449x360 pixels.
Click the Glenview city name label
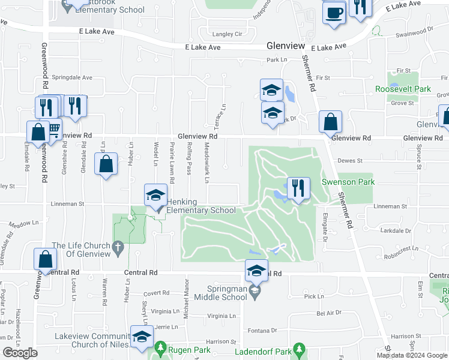[286, 46]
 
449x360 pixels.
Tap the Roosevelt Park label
[403, 89]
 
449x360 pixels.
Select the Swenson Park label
[348, 182]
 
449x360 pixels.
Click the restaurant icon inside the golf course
[298, 188]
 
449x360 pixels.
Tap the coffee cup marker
[334, 12]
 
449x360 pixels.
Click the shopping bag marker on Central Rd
[46, 259]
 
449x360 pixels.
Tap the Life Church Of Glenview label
[81, 250]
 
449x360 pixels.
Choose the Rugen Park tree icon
[160, 348]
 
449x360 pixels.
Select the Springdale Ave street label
[72, 77]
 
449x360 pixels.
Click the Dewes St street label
[350, 161]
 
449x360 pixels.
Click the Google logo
[20, 353]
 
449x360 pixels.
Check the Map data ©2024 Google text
[411, 355]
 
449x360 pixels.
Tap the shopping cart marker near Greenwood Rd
[53, 128]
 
